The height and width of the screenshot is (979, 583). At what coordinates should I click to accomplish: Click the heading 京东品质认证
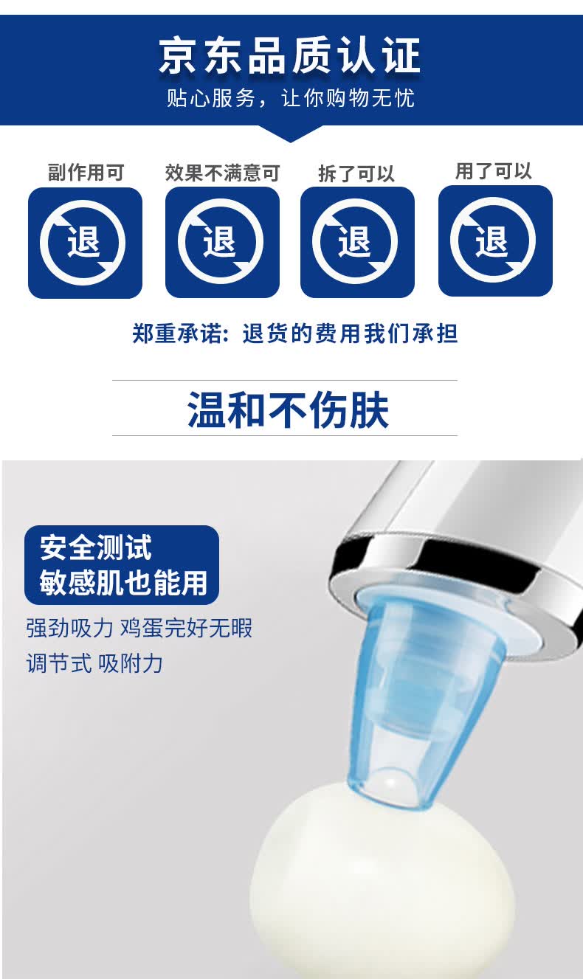point(290,55)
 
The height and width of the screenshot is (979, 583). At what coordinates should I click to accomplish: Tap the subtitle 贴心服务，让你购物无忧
point(291,98)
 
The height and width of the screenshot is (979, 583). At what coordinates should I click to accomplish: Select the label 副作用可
point(86,172)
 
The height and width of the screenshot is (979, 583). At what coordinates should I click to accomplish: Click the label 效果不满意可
point(222,173)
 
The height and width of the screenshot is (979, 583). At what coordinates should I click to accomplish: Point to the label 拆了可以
point(356,173)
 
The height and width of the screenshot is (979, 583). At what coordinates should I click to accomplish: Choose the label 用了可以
point(494,171)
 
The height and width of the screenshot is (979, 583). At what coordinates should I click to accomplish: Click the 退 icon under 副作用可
point(85,243)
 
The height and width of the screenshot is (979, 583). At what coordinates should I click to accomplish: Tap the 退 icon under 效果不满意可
point(222,242)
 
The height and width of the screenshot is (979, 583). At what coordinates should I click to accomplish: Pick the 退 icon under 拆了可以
point(357,242)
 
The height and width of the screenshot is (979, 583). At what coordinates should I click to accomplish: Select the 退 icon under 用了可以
point(496,241)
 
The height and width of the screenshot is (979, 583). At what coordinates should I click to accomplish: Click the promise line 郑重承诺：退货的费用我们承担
point(295,333)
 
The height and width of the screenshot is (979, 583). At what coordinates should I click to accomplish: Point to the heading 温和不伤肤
point(289,409)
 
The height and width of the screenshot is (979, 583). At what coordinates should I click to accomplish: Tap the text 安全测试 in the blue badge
point(96,547)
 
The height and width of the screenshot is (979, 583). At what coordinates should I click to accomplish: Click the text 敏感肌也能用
point(123,582)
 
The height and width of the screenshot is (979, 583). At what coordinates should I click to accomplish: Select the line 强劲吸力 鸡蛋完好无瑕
point(139,628)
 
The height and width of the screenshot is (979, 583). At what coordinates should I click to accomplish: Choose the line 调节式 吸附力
point(94,663)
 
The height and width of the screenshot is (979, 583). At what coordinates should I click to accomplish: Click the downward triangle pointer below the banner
point(291,134)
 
